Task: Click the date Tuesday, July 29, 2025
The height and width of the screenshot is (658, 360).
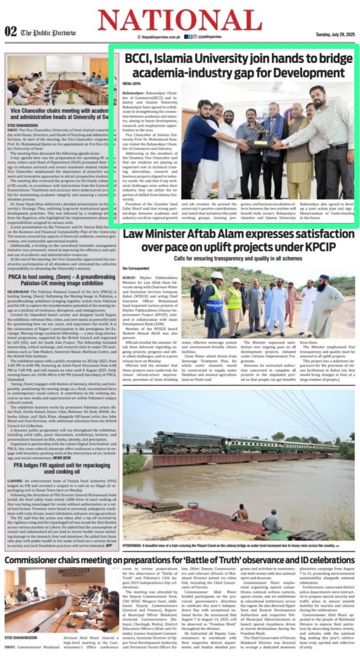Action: pyautogui.click(x=335, y=34)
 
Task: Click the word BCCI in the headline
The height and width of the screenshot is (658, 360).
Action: pyautogui.click(x=136, y=58)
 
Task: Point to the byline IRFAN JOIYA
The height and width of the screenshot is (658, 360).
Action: pyautogui.click(x=132, y=83)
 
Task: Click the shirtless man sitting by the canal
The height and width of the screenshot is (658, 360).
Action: pyautogui.click(x=240, y=513)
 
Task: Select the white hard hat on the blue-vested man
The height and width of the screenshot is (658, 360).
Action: pyautogui.click(x=217, y=276)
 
